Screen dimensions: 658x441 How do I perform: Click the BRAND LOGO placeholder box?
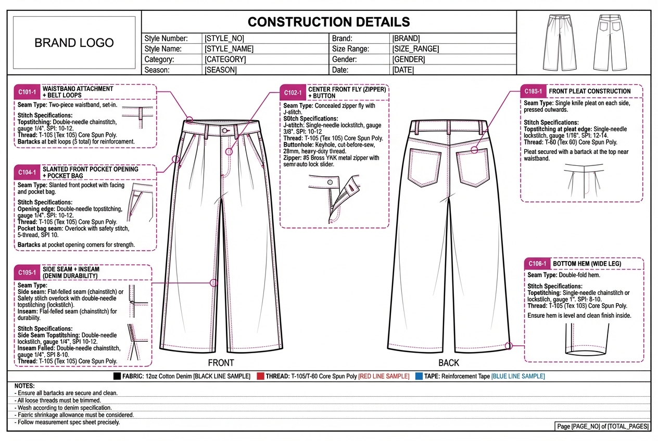coord(74,43)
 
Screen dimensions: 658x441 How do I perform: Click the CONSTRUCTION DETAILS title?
coord(328,22)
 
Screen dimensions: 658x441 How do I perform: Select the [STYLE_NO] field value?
coord(224,38)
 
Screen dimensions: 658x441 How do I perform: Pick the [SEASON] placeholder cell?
coord(221,70)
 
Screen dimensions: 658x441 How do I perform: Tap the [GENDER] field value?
coord(409,59)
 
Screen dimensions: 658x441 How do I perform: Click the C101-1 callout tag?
coord(27,93)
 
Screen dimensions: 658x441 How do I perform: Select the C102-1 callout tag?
coord(293,93)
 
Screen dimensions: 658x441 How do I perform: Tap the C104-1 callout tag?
coord(27,172)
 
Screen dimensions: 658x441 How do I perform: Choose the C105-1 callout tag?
coord(26,272)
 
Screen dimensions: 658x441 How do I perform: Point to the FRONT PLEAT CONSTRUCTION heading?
coord(589,91)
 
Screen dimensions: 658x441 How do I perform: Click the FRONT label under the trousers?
coord(221,362)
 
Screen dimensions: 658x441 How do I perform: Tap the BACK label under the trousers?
coord(449,362)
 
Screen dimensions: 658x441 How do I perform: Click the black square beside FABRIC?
coord(117,376)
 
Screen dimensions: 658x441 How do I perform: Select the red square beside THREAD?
coord(260,376)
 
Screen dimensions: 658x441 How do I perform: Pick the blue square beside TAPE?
coord(419,376)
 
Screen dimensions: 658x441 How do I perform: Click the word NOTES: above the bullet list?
coord(24,386)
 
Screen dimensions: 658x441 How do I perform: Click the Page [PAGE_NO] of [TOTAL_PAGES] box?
coord(603,426)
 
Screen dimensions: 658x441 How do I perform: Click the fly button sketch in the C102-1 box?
coord(330,181)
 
